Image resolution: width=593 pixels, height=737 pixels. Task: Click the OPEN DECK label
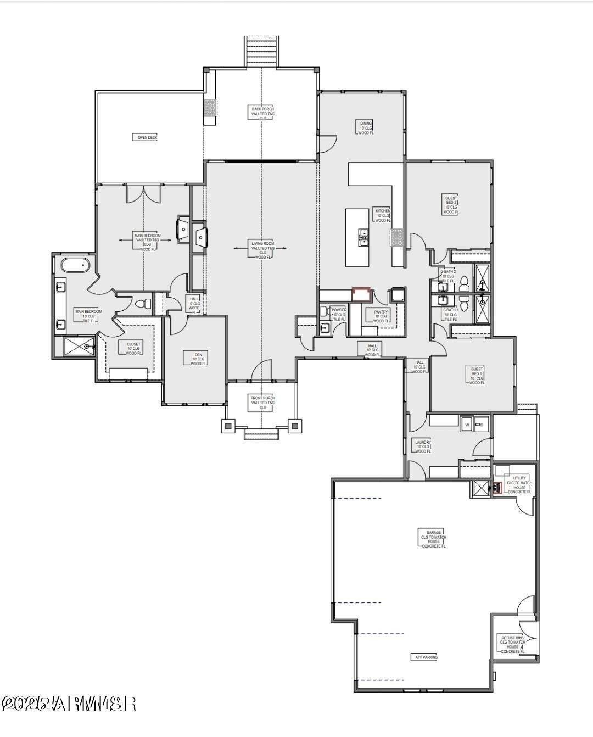(x=146, y=137)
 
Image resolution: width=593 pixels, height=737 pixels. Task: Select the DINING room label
(x=366, y=127)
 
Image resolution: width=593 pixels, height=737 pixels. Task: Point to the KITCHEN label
(x=383, y=215)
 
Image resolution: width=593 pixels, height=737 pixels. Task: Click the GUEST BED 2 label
(x=451, y=204)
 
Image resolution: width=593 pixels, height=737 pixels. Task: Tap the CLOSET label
(x=133, y=349)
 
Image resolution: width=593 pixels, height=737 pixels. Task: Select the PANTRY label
(x=381, y=316)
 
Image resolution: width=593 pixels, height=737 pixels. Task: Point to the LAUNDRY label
(x=423, y=446)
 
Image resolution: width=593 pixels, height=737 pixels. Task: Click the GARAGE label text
(x=434, y=539)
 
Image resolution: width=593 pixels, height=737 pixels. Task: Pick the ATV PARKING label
(x=424, y=657)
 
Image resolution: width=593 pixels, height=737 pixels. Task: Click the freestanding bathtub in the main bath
(x=75, y=266)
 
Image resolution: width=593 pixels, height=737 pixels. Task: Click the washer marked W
(x=467, y=424)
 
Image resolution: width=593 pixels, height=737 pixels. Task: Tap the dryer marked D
(x=482, y=424)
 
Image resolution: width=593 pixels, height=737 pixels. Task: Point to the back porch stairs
(x=262, y=51)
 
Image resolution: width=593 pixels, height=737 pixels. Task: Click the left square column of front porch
(x=228, y=425)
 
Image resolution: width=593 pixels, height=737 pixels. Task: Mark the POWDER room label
(x=339, y=314)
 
